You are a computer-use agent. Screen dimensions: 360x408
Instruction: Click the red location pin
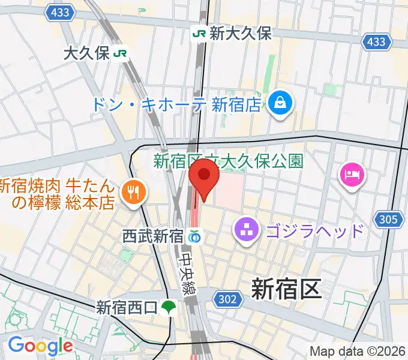(x=203, y=178)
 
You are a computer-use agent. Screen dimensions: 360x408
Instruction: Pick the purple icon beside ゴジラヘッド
(x=246, y=229)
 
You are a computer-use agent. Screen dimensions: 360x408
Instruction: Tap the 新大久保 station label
(x=240, y=33)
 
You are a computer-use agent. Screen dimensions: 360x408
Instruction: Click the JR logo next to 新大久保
(x=199, y=34)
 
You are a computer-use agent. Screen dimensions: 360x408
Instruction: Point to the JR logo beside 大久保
(x=121, y=53)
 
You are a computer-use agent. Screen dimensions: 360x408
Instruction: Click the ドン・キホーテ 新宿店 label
(x=176, y=104)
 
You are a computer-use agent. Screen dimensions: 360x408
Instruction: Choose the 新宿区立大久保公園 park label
(x=229, y=160)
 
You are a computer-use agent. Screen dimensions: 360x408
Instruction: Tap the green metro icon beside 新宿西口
(x=168, y=308)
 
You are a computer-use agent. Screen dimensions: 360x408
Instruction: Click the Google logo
(x=40, y=346)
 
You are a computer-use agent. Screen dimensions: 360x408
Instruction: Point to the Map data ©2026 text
(x=357, y=351)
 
